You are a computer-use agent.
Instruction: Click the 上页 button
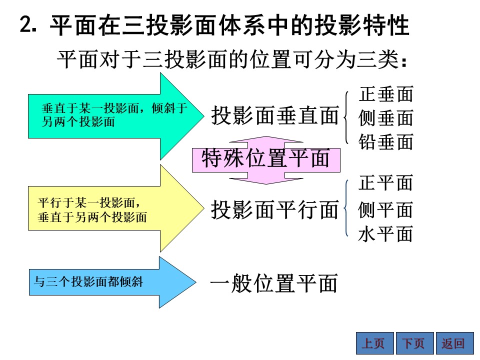(374, 343)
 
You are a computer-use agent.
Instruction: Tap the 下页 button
(415, 343)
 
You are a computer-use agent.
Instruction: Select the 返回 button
(455, 343)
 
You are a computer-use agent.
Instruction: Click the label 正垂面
(386, 94)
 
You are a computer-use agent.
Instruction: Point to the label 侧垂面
(386, 118)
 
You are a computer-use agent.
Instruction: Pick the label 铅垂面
(386, 142)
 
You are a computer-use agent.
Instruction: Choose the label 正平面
(385, 183)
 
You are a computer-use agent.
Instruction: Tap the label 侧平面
(385, 210)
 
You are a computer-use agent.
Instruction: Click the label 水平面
(385, 234)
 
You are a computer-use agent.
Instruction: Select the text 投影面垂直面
(275, 115)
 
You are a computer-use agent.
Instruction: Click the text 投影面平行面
(275, 210)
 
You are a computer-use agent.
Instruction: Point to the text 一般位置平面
(274, 283)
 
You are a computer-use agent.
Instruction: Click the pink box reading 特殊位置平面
(266, 160)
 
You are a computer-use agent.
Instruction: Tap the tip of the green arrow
(204, 116)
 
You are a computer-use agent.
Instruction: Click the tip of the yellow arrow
(204, 208)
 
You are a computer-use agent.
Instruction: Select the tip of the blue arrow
(196, 282)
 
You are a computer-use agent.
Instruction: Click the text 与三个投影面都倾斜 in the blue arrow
(88, 281)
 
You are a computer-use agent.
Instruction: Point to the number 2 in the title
(25, 24)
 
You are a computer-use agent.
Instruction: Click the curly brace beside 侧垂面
(345, 117)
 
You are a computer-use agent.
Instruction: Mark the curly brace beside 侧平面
(345, 208)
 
